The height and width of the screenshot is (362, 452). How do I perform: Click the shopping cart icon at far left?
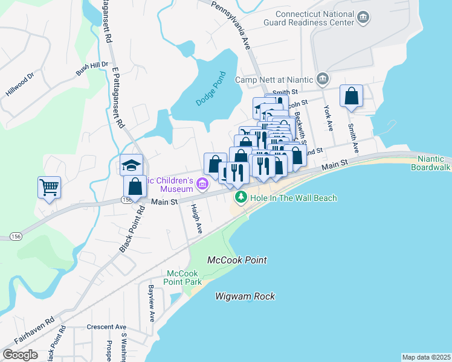pyautogui.click(x=49, y=186)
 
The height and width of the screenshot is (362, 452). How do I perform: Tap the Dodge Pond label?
pyautogui.click(x=210, y=89)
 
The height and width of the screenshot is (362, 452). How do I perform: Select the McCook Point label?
pyautogui.click(x=237, y=260)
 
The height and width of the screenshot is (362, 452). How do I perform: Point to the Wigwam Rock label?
pyautogui.click(x=245, y=296)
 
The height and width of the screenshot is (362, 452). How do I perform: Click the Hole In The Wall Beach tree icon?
pyautogui.click(x=241, y=197)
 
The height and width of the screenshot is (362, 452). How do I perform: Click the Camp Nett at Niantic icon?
pyautogui.click(x=323, y=78)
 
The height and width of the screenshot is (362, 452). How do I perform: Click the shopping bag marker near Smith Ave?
pyautogui.click(x=351, y=96)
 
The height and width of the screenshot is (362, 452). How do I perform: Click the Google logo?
pyautogui.click(x=20, y=354)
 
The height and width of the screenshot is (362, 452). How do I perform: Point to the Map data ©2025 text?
pyautogui.click(x=426, y=357)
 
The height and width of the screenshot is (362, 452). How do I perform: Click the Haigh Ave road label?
pyautogui.click(x=196, y=218)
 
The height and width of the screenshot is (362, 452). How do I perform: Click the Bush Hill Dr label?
pyautogui.click(x=92, y=68)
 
